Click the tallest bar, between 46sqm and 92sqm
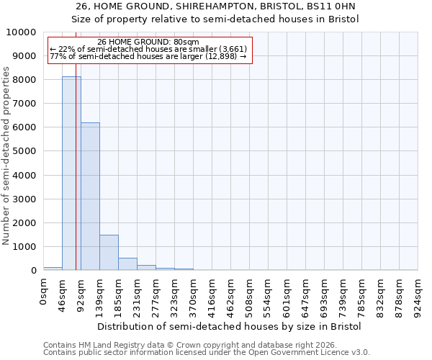[71, 173]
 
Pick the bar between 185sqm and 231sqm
[127, 264]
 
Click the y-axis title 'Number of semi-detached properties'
[6, 156]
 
